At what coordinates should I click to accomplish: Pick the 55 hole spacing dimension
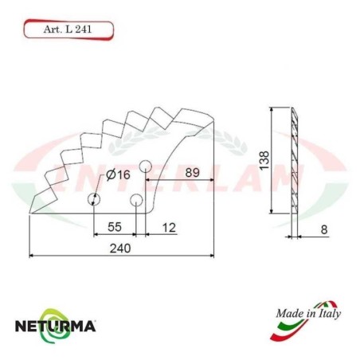tap(115, 227)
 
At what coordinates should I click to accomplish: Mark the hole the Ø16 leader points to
tap(94, 198)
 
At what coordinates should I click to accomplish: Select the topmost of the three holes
tap(146, 166)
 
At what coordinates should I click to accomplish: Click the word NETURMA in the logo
tap(57, 325)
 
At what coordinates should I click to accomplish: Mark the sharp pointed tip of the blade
tap(29, 213)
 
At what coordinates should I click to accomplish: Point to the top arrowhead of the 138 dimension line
tap(272, 109)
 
